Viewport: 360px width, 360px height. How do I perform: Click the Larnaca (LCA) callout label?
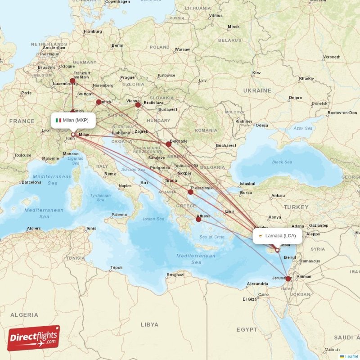[x=277, y=236]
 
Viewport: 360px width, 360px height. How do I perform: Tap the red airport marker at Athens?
[x=198, y=220]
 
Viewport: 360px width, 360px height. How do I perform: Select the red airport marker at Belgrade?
[x=169, y=144]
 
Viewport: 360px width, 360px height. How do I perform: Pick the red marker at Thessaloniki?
[x=190, y=192]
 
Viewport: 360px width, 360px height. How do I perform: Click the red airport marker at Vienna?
[x=138, y=105]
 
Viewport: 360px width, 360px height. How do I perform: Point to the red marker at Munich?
[x=99, y=102]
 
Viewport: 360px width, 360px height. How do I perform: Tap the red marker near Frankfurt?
[x=72, y=81]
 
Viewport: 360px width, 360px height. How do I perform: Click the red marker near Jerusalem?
[x=288, y=279]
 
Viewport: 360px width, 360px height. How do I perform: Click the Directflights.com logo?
[x=33, y=338]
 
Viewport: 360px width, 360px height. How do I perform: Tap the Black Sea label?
[x=282, y=162]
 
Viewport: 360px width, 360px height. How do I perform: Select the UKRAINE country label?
[x=257, y=90]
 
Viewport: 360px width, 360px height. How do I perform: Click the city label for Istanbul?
[x=247, y=184]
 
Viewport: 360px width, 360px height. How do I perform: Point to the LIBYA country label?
[x=149, y=324]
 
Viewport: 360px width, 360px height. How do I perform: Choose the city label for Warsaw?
[x=182, y=49]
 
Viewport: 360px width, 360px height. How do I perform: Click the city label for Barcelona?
[x=31, y=182]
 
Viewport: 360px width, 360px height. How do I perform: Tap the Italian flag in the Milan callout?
[x=58, y=120]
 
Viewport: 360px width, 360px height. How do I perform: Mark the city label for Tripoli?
[x=116, y=267]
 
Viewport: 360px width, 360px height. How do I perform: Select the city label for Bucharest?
[x=225, y=146]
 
